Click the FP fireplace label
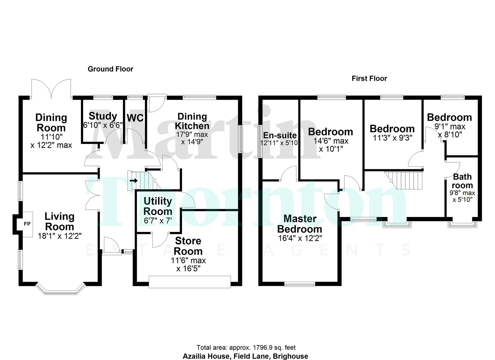(x=27, y=224)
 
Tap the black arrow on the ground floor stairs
(x=134, y=181)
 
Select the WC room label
(x=135, y=118)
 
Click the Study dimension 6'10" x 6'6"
(x=103, y=125)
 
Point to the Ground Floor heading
(x=110, y=69)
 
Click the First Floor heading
(x=369, y=78)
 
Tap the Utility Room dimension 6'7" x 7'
(x=158, y=221)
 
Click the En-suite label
(x=280, y=135)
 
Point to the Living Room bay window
(x=60, y=289)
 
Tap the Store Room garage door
(x=190, y=282)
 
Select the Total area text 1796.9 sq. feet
(x=274, y=348)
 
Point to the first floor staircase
(x=404, y=180)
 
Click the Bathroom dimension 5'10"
(x=462, y=200)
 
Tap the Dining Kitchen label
(x=192, y=121)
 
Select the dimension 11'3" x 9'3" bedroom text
(x=392, y=138)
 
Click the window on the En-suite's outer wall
(x=260, y=141)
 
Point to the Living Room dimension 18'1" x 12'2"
(x=60, y=236)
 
